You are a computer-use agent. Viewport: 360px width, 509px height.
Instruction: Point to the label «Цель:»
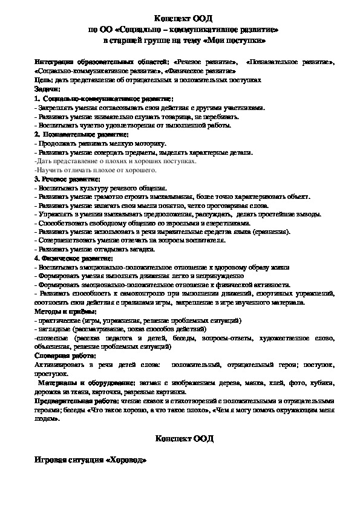click(42, 79)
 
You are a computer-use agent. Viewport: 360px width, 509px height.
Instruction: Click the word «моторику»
click(149, 144)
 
